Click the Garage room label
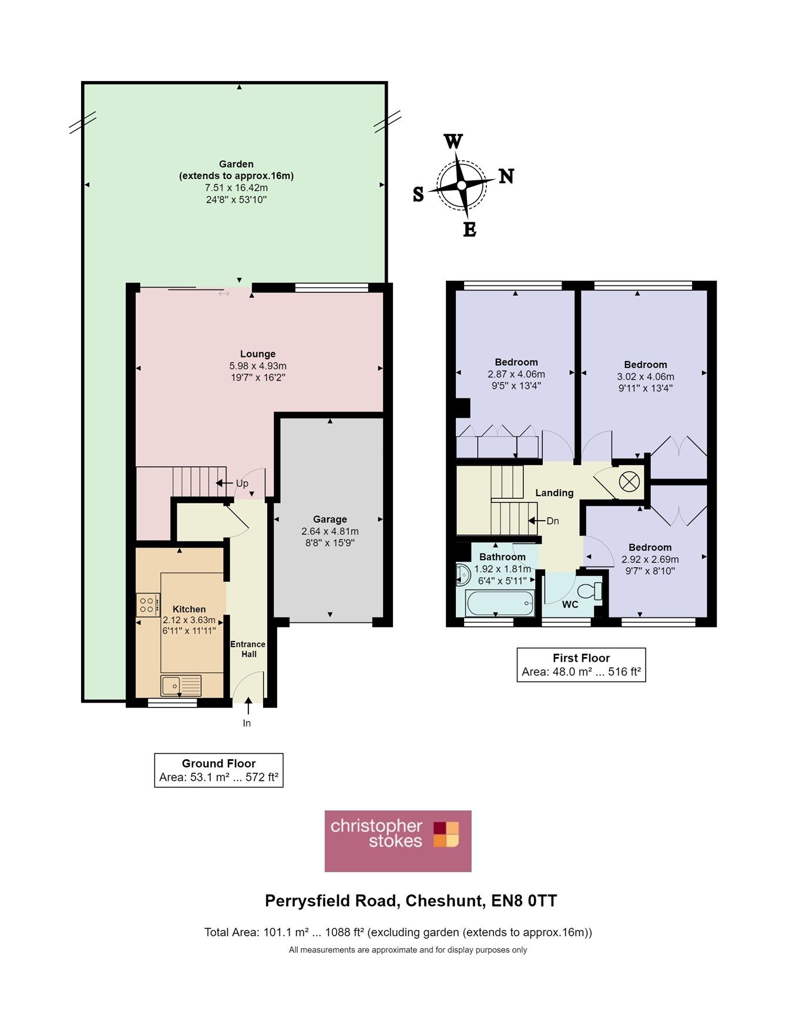click(x=330, y=519)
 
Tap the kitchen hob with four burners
click(x=148, y=605)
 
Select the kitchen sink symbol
click(x=181, y=685)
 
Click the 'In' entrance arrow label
click(x=247, y=723)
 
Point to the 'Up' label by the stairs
click(x=241, y=483)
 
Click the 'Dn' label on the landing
click(x=552, y=521)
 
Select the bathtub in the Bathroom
click(x=499, y=602)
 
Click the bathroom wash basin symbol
click(x=462, y=575)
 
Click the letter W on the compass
click(x=453, y=141)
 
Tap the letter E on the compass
click(x=469, y=229)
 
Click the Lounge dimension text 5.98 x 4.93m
click(x=258, y=366)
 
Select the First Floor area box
click(x=581, y=665)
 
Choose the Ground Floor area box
click(x=219, y=770)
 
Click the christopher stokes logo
click(x=398, y=841)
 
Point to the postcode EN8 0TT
click(x=524, y=901)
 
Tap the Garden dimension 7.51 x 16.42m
click(x=236, y=188)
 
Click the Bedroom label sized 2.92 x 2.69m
click(x=650, y=547)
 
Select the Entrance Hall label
click(x=247, y=649)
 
